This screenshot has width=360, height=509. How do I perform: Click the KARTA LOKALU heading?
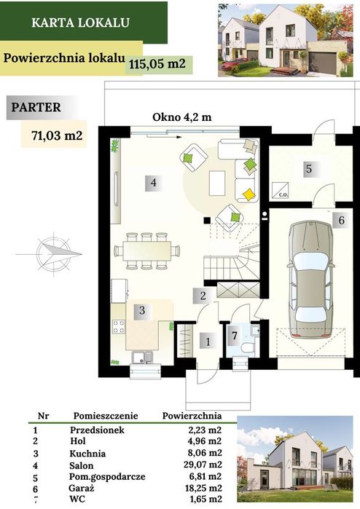pos(81,23)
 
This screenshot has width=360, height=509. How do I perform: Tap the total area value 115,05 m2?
pos(157,63)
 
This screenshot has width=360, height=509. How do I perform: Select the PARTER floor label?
pos(36,108)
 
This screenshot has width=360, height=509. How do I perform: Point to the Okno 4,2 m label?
pos(182,117)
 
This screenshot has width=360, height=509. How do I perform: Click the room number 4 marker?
pos(153,183)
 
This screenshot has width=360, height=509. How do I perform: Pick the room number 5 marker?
pos(309,168)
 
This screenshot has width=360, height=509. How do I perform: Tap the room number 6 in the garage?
pos(341,220)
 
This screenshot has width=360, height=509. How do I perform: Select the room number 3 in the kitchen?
pos(142,310)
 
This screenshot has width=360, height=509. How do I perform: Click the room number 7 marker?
pos(235,336)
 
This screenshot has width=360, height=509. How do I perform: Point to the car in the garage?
pos(311,280)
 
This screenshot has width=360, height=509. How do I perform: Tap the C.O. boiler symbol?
pos(279,190)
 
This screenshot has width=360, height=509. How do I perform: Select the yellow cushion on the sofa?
pos(249,194)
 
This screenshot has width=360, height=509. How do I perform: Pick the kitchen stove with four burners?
pos(118,326)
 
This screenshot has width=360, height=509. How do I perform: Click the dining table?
pos(147,251)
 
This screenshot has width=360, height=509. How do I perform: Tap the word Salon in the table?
pos(81,466)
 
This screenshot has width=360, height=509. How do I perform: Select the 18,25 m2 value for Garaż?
pos(203,488)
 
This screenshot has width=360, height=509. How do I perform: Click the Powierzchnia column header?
pos(192,416)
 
